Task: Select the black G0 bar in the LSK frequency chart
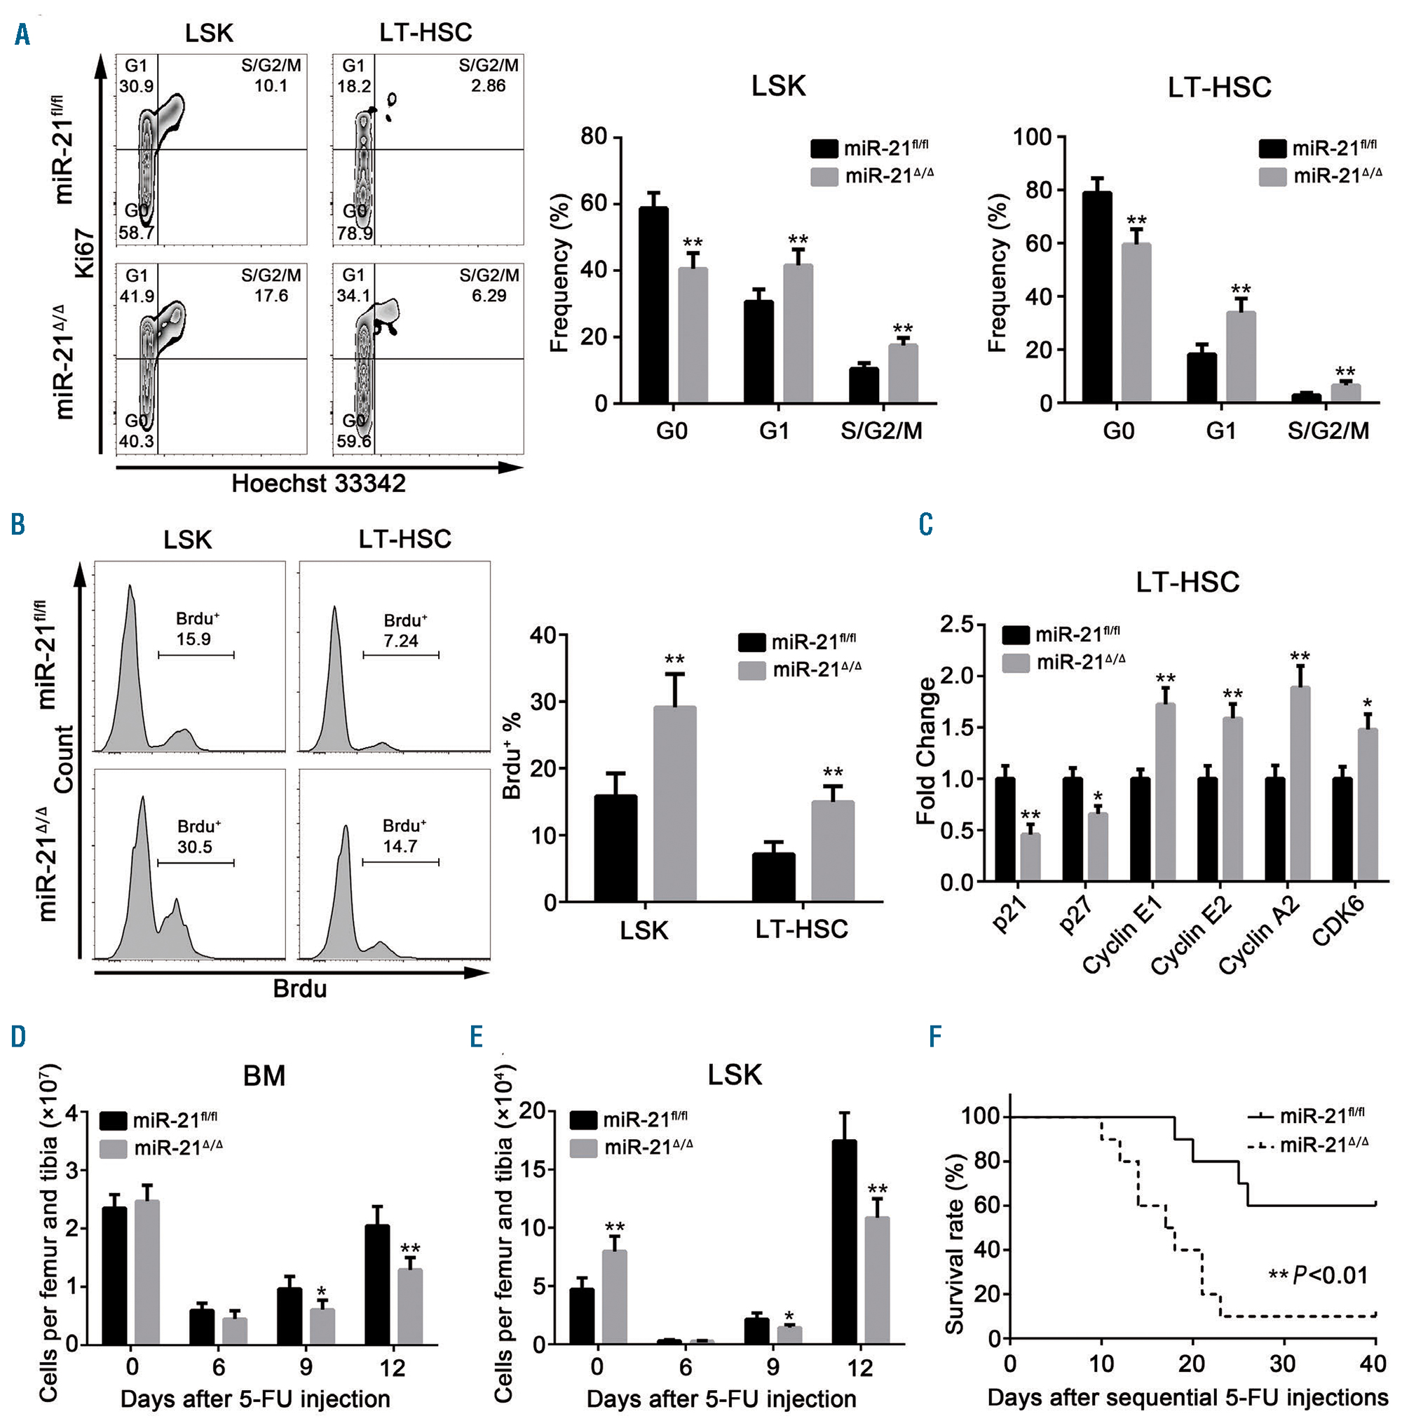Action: [x=653, y=306]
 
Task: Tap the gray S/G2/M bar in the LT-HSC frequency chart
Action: [x=1345, y=393]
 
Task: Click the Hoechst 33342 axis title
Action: [x=318, y=484]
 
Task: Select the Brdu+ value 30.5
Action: [x=194, y=847]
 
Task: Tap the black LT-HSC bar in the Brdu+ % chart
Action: [x=773, y=878]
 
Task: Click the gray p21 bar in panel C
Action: [x=1030, y=857]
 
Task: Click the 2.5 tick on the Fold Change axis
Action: [x=958, y=625]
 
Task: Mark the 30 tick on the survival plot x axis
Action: [x=1283, y=1364]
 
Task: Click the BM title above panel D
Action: [x=264, y=1075]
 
